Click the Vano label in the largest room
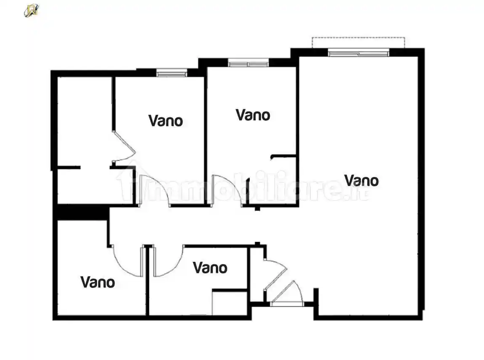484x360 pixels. (x=361, y=181)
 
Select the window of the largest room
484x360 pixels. (x=358, y=53)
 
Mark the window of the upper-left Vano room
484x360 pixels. (x=172, y=73)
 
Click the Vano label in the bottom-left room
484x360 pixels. (x=98, y=281)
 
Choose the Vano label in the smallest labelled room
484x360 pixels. (x=210, y=268)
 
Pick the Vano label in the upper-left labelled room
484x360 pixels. (x=166, y=121)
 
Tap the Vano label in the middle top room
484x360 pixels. (x=253, y=115)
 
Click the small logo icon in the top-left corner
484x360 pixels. (x=31, y=10)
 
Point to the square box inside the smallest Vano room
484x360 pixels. (x=229, y=302)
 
